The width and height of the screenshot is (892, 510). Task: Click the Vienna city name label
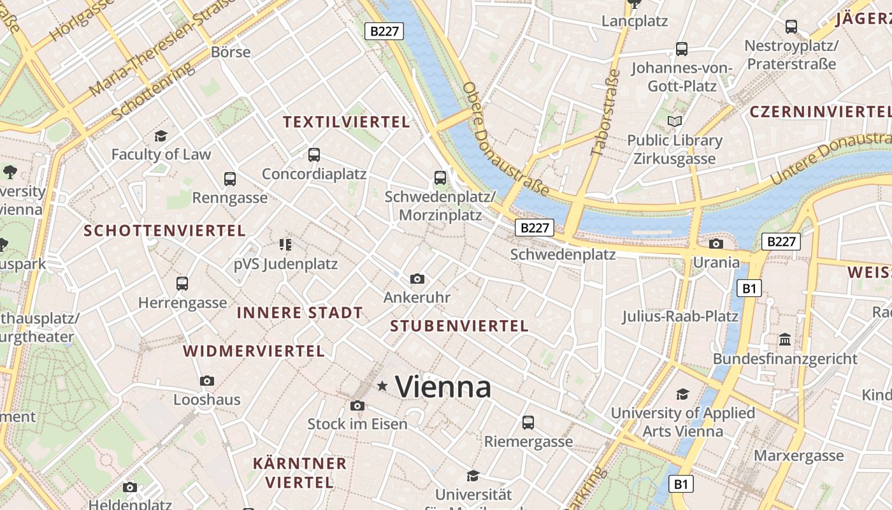(443, 387)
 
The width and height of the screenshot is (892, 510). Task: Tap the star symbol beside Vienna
(382, 386)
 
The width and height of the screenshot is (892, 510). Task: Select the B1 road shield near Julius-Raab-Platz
(749, 289)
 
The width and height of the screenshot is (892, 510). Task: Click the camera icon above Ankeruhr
(417, 279)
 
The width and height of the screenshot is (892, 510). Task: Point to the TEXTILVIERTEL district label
(347, 122)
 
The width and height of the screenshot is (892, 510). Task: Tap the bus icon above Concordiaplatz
(313, 154)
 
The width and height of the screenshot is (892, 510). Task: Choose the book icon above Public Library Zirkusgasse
(674, 121)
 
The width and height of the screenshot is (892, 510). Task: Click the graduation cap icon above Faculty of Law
(161, 136)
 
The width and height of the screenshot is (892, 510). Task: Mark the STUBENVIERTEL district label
(459, 326)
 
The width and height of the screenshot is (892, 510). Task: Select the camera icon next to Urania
(716, 244)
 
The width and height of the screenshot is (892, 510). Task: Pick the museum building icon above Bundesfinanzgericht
(785, 339)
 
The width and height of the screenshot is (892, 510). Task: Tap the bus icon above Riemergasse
(528, 422)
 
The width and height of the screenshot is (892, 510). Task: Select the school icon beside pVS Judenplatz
(285, 244)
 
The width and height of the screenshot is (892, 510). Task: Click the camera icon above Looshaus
(206, 381)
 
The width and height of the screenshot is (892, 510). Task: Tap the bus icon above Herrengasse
(182, 283)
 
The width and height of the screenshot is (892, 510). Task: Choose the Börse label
(231, 52)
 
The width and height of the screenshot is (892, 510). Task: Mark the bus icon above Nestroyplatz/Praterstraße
(791, 27)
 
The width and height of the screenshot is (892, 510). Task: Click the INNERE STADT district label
(299, 313)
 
